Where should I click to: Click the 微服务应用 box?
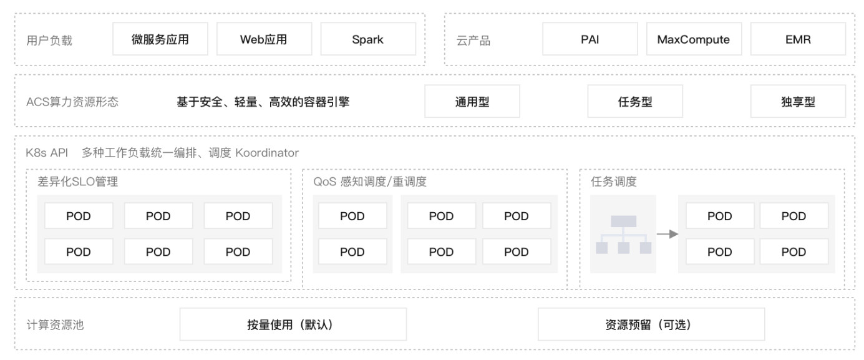(x=160, y=39)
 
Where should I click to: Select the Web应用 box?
(x=264, y=39)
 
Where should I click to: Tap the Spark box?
(x=368, y=39)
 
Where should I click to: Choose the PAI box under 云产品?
(x=590, y=39)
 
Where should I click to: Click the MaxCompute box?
(x=693, y=39)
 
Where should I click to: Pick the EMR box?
(x=798, y=39)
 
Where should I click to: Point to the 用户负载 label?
(x=49, y=41)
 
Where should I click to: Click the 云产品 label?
(x=473, y=41)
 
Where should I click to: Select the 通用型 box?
(x=472, y=102)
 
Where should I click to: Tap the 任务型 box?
(x=635, y=102)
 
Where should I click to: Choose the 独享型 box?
(x=798, y=102)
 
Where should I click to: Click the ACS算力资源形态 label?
(x=72, y=102)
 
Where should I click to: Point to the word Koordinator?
(x=267, y=153)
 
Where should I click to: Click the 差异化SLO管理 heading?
(x=78, y=182)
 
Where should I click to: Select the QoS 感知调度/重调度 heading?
(x=370, y=182)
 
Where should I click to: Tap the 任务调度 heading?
(x=614, y=182)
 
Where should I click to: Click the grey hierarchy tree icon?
(x=623, y=234)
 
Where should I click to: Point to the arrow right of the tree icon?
(x=667, y=234)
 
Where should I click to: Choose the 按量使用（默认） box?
(x=293, y=324)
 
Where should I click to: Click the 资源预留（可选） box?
(x=651, y=324)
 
